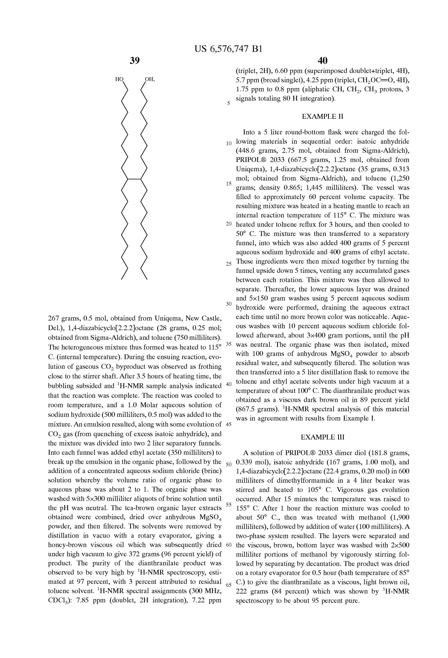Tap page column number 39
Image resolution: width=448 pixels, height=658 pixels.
pos(135,60)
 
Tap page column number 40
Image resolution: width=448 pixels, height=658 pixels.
pos(322,60)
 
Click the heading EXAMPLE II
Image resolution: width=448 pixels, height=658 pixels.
pos(322,116)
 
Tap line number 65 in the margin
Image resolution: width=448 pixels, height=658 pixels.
pos(229,585)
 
